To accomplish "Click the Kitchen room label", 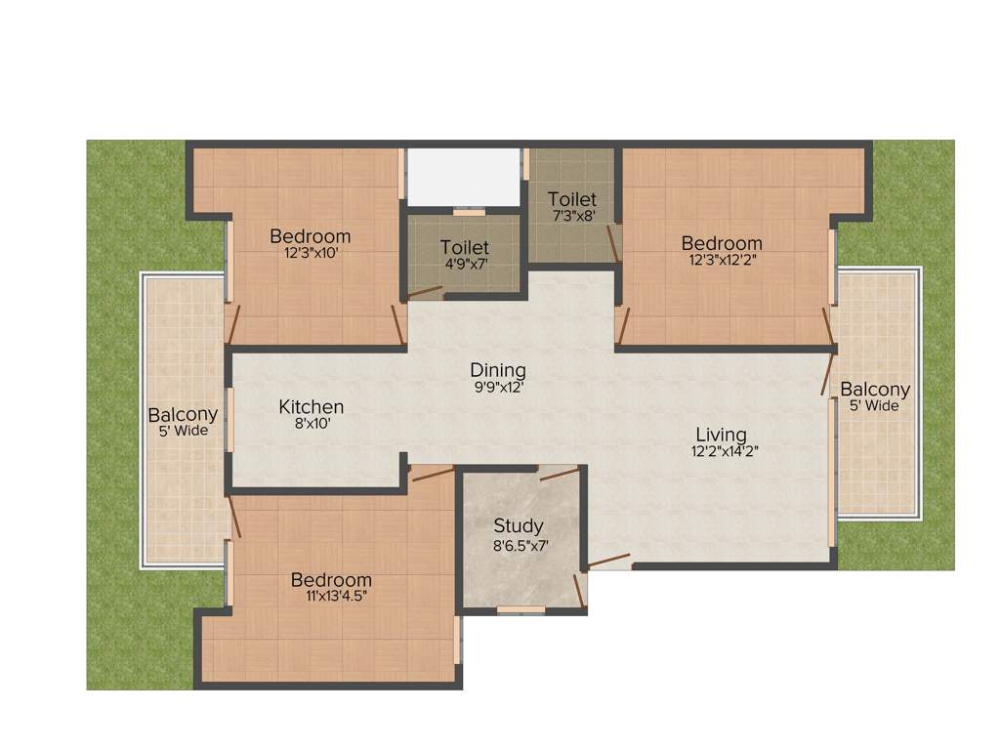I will click(x=311, y=406).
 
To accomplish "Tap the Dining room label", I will click(x=498, y=370).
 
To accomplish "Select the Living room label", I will click(x=721, y=434).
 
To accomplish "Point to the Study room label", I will click(x=518, y=526).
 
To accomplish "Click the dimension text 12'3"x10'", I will click(x=311, y=253).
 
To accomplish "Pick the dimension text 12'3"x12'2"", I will click(x=722, y=260).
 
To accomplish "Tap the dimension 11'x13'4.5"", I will click(x=331, y=596).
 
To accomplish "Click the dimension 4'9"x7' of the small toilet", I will click(x=464, y=264).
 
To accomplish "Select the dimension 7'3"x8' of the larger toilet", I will click(x=571, y=216).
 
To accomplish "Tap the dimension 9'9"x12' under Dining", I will click(x=498, y=387).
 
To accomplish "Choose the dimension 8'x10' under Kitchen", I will click(x=311, y=424).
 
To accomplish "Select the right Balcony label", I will click(x=875, y=389).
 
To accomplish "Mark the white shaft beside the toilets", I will click(x=463, y=178).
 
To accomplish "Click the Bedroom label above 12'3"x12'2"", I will click(x=722, y=243).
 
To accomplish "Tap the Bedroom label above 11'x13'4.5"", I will click(x=331, y=580).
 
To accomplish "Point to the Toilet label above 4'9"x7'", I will click(x=464, y=248).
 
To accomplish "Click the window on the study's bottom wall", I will click(x=521, y=610).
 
